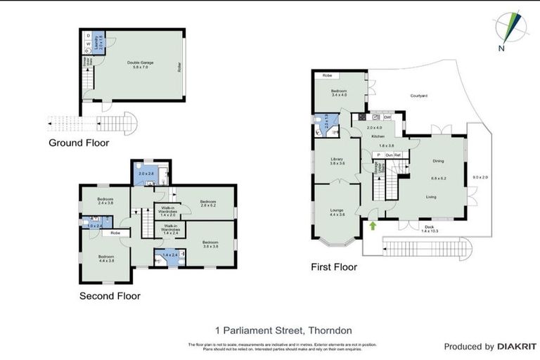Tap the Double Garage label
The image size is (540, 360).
pyautogui.click(x=141, y=63)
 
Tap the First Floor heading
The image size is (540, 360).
pyautogui.click(x=334, y=267)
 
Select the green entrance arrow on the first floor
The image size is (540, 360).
pyautogui.click(x=371, y=226)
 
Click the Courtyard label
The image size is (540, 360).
pyautogui.click(x=420, y=96)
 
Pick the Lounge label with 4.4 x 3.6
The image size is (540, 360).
pyautogui.click(x=336, y=211)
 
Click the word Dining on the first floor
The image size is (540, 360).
pyautogui.click(x=438, y=161)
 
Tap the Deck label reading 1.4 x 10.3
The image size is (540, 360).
pyautogui.click(x=430, y=228)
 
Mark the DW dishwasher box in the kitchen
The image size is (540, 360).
pyautogui.click(x=387, y=117)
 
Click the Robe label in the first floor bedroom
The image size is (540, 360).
pyautogui.click(x=327, y=75)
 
